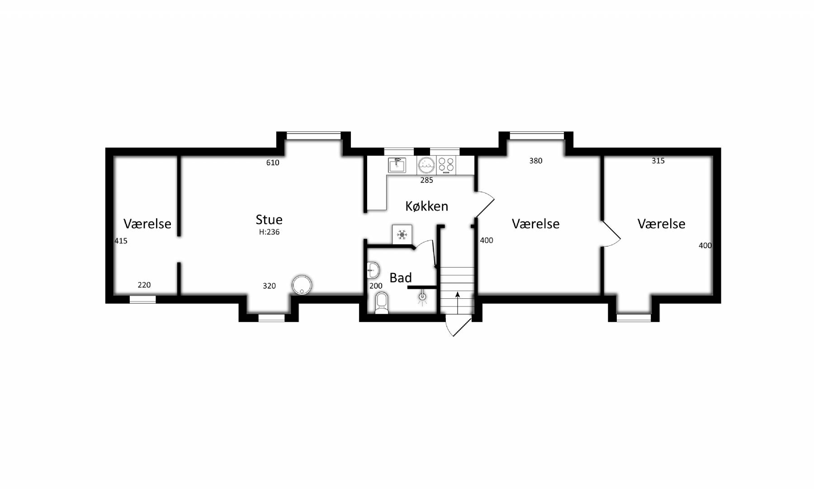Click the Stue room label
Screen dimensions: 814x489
coord(269,220)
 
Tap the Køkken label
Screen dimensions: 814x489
coord(426,206)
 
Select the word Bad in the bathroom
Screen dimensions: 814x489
coord(401,278)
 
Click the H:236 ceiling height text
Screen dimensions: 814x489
coord(269,232)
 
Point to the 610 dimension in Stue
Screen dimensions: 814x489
coord(273,163)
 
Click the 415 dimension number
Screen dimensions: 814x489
coord(121,241)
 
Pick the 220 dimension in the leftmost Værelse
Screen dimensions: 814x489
coord(144,285)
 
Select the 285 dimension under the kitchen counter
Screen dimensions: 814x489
coord(426,180)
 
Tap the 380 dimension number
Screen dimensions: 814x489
coord(536,161)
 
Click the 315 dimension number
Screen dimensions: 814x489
coord(658,161)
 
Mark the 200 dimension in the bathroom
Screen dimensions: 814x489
coord(376,286)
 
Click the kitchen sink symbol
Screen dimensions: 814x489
coord(397,165)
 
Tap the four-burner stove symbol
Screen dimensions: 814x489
coord(446,166)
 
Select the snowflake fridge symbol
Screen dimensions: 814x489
coord(402,234)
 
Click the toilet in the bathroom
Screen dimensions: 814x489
coord(382,303)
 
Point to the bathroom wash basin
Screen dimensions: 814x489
coord(373,270)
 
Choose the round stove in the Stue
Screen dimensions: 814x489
coord(302,285)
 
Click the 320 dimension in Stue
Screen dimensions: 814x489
coord(269,286)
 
